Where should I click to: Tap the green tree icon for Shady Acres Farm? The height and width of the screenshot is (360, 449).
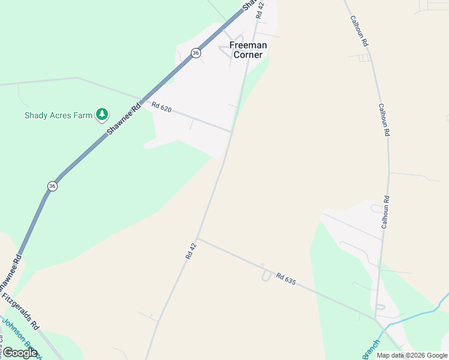pyautogui.click(x=102, y=114)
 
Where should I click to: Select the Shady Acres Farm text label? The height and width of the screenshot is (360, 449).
pyautogui.click(x=58, y=115)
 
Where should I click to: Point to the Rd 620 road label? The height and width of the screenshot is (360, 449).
pyautogui.click(x=161, y=107)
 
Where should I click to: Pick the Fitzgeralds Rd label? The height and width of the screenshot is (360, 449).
pyautogui.click(x=20, y=311)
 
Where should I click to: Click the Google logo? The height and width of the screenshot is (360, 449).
pyautogui.click(x=20, y=353)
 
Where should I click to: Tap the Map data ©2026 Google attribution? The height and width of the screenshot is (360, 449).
pyautogui.click(x=411, y=355)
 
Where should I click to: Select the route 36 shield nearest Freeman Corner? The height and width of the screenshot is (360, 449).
pyautogui.click(x=196, y=53)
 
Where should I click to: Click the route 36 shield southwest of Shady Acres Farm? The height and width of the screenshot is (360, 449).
pyautogui.click(x=52, y=186)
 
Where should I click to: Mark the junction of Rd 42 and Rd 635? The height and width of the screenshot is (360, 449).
pyautogui.click(x=197, y=239)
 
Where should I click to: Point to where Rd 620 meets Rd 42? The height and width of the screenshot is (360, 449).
pyautogui.click(x=232, y=131)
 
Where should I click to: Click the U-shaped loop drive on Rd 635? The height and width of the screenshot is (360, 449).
pyautogui.click(x=266, y=274)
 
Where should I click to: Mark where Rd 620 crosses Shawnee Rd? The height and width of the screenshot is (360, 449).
pyautogui.click(x=142, y=100)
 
